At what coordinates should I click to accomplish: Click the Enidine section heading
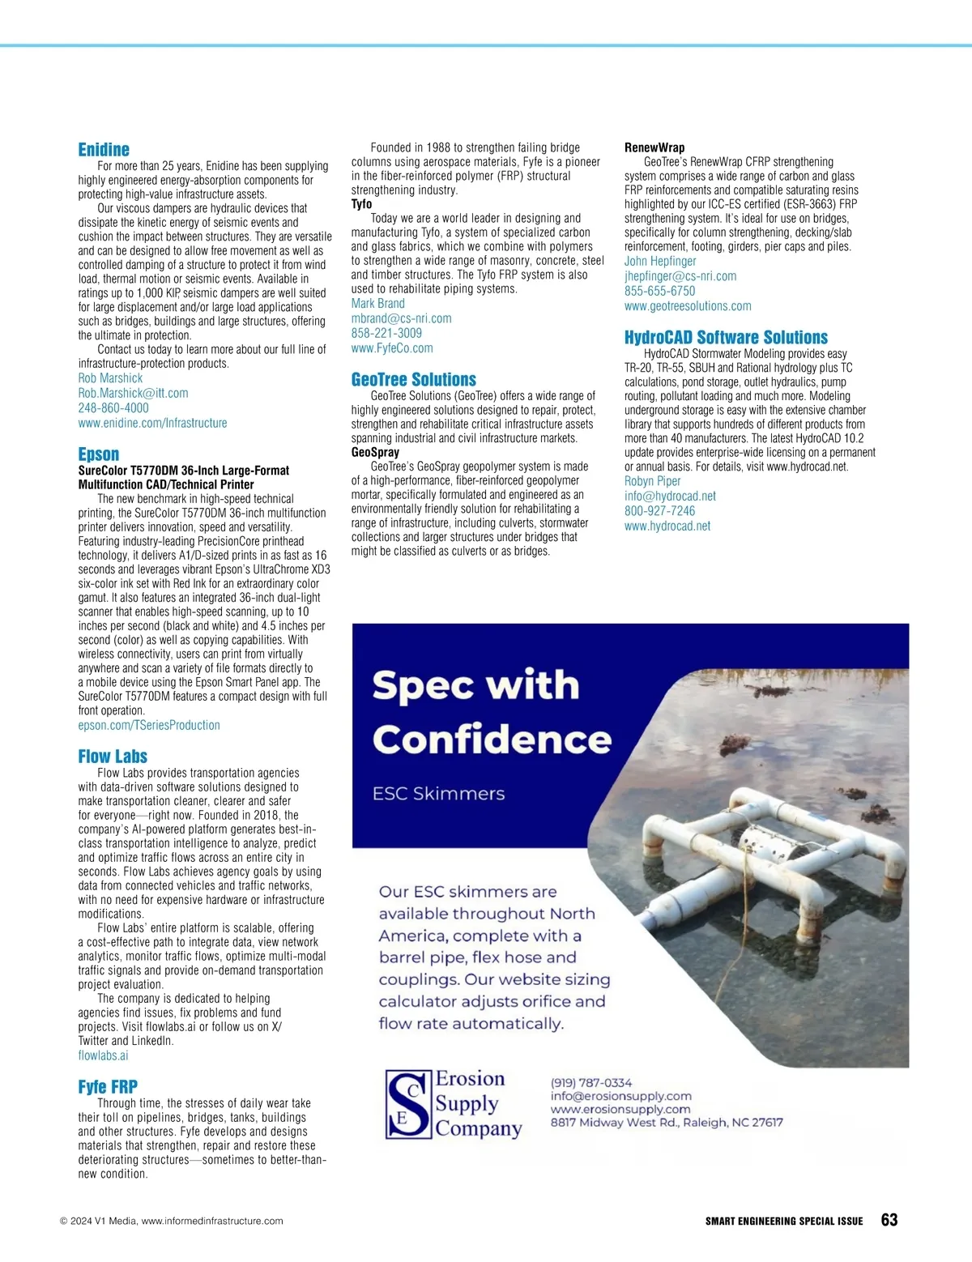[104, 150]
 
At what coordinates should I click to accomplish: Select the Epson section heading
[99, 454]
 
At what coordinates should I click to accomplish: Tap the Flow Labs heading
[113, 757]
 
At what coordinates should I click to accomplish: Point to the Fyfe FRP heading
[108, 1087]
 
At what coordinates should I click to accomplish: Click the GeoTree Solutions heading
[413, 380]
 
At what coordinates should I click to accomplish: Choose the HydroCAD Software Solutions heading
[726, 338]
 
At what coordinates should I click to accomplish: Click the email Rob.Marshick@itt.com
[133, 393]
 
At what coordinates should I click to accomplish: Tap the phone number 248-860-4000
[113, 408]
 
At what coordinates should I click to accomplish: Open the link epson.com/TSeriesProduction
[149, 726]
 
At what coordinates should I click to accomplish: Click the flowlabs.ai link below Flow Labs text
[103, 1055]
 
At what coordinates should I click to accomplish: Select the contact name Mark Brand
[377, 304]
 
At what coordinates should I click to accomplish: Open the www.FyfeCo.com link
[392, 348]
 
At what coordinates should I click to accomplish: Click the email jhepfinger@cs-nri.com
[680, 276]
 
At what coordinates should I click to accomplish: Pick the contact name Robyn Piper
[652, 481]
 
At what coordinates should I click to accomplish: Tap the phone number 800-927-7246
[659, 511]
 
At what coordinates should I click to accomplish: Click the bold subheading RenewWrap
[654, 147]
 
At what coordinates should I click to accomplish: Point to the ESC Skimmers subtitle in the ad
[438, 794]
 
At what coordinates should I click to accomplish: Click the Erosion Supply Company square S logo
[408, 1104]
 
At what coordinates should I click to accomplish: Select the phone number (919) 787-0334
[591, 1083]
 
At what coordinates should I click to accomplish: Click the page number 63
[889, 1221]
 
